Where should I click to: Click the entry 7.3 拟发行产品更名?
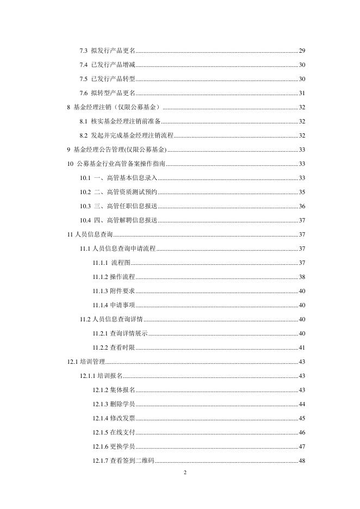pyautogui.click(x=107, y=51)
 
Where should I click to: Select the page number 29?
pyautogui.click(x=302, y=51)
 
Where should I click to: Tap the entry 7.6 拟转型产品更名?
pyautogui.click(x=107, y=93)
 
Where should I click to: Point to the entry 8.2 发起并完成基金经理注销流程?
pyautogui.click(x=126, y=135)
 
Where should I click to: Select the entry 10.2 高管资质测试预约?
pyautogui.click(x=119, y=192)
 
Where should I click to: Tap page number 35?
pyautogui.click(x=302, y=192)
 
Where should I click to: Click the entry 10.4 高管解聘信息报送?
pyautogui.click(x=119, y=220)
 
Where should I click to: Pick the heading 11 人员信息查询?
pyautogui.click(x=89, y=234)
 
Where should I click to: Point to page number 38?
pyautogui.click(x=302, y=277)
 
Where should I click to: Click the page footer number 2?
pyautogui.click(x=185, y=472)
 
